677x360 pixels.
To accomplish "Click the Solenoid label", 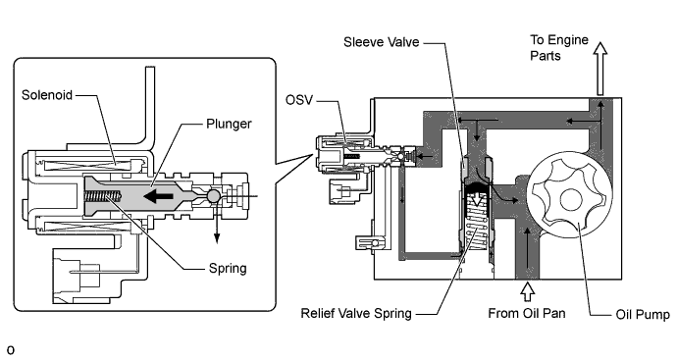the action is click(x=47, y=95).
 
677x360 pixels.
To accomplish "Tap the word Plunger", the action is click(x=229, y=124).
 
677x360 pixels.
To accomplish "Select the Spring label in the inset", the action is click(x=228, y=269).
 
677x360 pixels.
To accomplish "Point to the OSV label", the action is click(x=299, y=100).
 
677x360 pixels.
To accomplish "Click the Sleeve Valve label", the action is click(x=382, y=42).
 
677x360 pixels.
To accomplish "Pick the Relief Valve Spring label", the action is click(x=356, y=313).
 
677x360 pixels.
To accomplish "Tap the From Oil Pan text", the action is click(x=527, y=313).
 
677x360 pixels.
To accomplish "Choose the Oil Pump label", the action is click(x=643, y=314).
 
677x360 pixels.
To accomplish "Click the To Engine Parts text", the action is click(x=559, y=47).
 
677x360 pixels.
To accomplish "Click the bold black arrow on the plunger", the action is click(x=158, y=196).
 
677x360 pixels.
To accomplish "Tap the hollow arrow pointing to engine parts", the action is click(x=599, y=69).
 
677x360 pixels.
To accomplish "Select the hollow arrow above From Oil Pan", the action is click(x=527, y=291).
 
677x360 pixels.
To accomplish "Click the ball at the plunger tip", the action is click(x=213, y=196).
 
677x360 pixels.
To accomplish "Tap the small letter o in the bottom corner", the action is click(x=11, y=349).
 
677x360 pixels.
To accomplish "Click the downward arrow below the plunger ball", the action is click(x=216, y=224).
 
